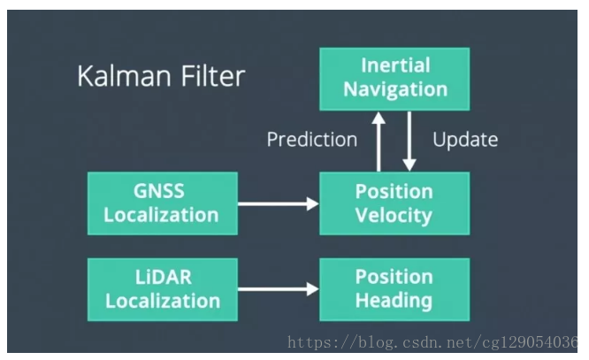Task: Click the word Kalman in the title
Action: click(125, 76)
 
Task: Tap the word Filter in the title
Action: click(213, 76)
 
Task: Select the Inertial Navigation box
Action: click(394, 79)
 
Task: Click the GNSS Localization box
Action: click(162, 203)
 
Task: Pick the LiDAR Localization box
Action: click(162, 289)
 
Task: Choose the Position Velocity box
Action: click(394, 203)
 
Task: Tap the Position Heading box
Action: click(394, 289)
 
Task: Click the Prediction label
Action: click(312, 140)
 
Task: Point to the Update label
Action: click(465, 140)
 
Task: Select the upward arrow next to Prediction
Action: click(379, 142)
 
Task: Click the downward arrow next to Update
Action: click(409, 142)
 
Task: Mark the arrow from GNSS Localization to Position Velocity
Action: click(279, 203)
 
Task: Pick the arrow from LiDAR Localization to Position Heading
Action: click(279, 289)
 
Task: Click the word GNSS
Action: click(159, 191)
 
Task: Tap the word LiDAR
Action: click(164, 278)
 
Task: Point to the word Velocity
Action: click(394, 216)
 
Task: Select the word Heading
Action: click(394, 301)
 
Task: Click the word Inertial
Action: click(395, 65)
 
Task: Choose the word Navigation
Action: click(395, 90)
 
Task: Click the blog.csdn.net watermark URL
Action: click(432, 342)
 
